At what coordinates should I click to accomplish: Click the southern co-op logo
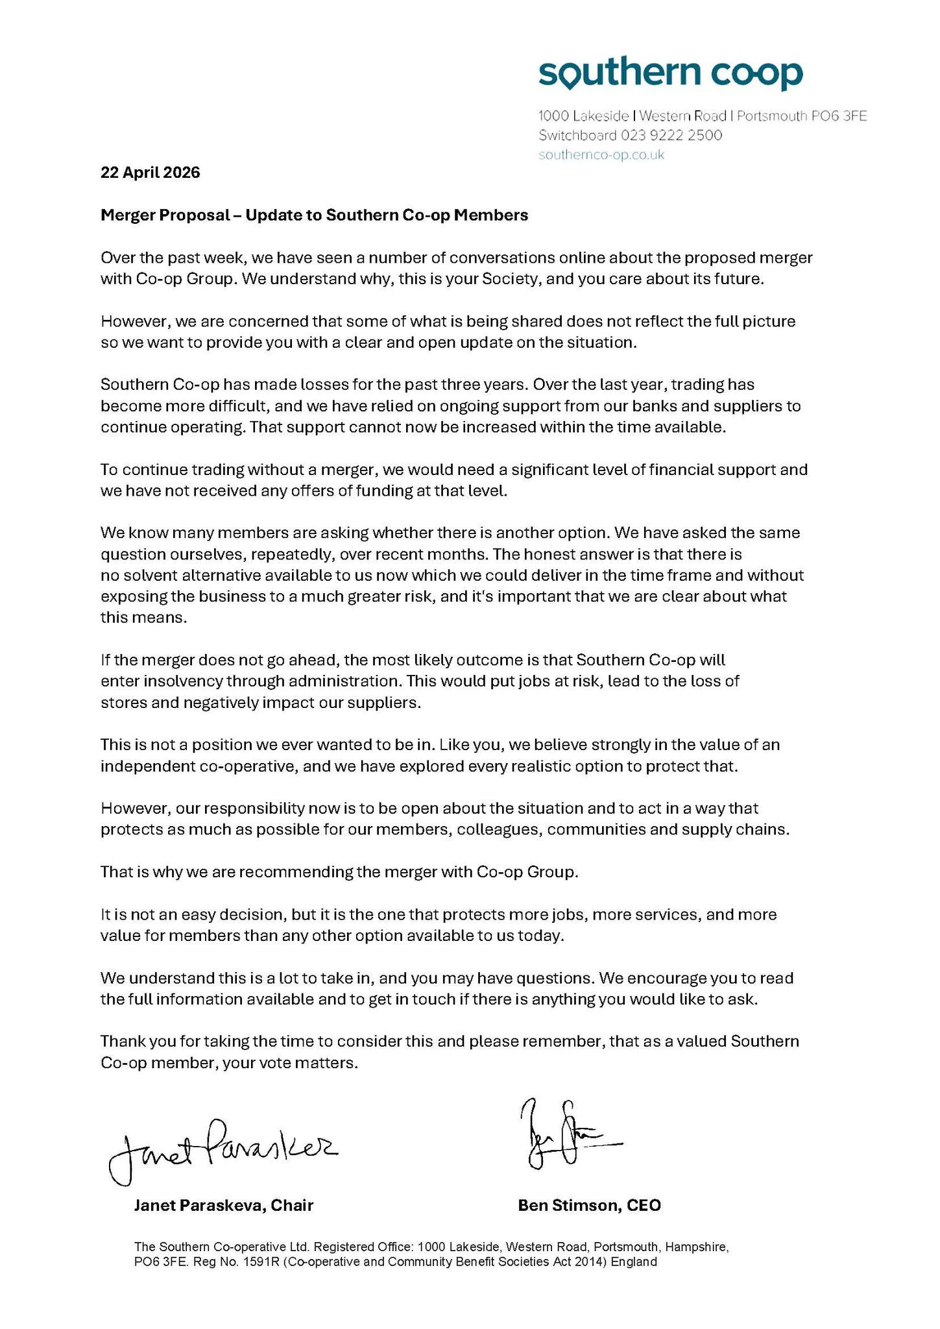pyautogui.click(x=670, y=75)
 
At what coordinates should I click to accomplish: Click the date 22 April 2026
pyautogui.click(x=151, y=173)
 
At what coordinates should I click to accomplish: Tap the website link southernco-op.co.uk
pyautogui.click(x=601, y=155)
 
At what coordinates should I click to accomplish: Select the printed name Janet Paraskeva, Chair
pyautogui.click(x=224, y=1205)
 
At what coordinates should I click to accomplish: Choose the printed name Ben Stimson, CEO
pyautogui.click(x=589, y=1205)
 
